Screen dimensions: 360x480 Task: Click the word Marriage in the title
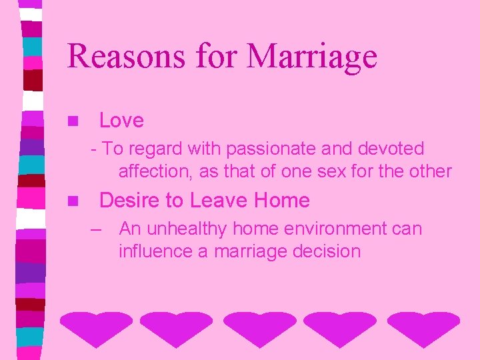click(312, 56)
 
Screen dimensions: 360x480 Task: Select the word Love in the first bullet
click(121, 121)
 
